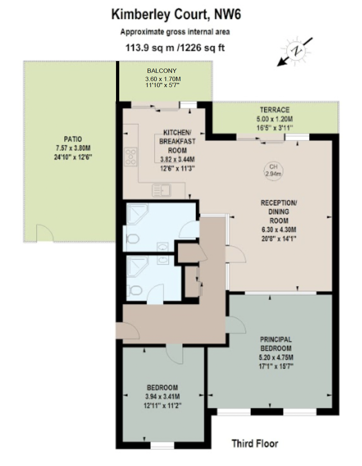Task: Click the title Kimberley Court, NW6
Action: pos(176,15)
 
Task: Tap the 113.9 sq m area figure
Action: pos(150,47)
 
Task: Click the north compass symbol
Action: pos(296,51)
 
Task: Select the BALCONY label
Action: pos(162,71)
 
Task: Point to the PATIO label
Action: pos(73,139)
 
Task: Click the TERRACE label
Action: pos(275,110)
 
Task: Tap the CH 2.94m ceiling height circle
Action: pos(273,170)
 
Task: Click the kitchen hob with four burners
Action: pos(131,157)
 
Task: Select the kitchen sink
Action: pos(161,190)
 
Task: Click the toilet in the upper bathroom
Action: pos(133,239)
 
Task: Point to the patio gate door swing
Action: pos(45,234)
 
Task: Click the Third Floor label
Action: pos(255,444)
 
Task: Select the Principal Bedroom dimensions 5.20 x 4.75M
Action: pos(276,357)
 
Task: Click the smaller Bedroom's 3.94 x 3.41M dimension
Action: pos(162,396)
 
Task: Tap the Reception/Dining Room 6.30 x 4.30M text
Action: pos(278,230)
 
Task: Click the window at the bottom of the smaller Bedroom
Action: pos(162,445)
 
